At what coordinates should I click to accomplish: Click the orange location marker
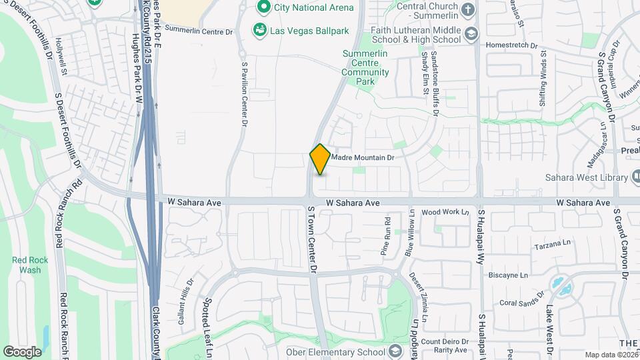[x=321, y=159]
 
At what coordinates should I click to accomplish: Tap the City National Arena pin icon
[x=263, y=8]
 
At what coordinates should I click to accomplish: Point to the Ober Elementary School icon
[x=395, y=351]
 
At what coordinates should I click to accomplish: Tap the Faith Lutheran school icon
[x=471, y=34]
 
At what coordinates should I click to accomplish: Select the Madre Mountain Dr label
[x=363, y=157]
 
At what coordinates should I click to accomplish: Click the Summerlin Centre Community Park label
[x=365, y=67]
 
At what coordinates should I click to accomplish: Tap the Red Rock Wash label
[x=26, y=265]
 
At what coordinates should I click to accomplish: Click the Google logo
[x=22, y=351]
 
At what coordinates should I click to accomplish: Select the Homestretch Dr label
[x=512, y=45]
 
